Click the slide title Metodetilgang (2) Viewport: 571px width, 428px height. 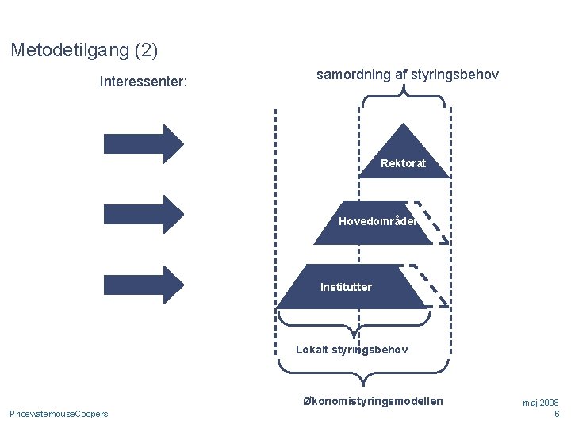[x=84, y=51]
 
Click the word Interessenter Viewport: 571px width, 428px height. [x=143, y=82]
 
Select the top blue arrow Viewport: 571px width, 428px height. [x=144, y=143]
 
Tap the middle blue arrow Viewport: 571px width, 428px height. [x=144, y=214]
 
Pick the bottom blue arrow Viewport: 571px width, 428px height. [x=144, y=285]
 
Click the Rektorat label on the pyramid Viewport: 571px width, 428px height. [x=403, y=163]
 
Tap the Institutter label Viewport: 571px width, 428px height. [x=346, y=287]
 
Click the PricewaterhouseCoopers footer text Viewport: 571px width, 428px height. [x=59, y=414]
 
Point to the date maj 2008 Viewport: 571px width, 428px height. [x=540, y=403]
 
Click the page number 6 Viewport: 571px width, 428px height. [x=557, y=414]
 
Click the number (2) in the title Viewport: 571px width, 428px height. [x=146, y=51]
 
